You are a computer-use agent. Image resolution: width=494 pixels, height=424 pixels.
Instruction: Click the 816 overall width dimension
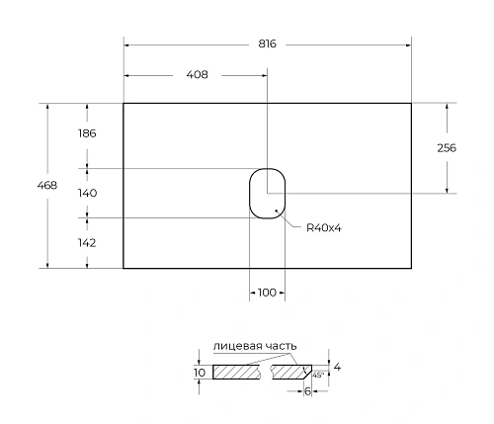pyautogui.click(x=267, y=44)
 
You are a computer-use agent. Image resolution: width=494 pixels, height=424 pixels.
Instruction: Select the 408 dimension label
pyautogui.click(x=197, y=76)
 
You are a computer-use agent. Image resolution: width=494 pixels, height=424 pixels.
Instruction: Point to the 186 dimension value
pyautogui.click(x=87, y=132)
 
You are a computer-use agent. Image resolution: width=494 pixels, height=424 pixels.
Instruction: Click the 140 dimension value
pyautogui.click(x=87, y=193)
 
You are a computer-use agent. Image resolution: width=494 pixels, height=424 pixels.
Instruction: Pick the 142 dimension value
pyautogui.click(x=87, y=240)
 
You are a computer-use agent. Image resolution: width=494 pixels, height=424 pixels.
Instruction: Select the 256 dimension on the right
pyautogui.click(x=446, y=148)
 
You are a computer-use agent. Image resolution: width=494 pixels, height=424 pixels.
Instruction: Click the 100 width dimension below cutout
pyautogui.click(x=266, y=293)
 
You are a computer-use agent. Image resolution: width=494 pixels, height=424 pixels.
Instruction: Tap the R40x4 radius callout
pyautogui.click(x=323, y=228)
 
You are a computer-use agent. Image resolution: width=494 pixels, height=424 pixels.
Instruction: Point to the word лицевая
pyautogui.click(x=233, y=346)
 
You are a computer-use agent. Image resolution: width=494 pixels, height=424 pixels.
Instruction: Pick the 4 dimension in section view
pyautogui.click(x=337, y=367)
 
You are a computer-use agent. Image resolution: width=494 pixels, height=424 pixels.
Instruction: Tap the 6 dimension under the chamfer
pyautogui.click(x=307, y=391)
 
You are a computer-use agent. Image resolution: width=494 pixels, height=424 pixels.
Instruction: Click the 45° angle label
pyautogui.click(x=317, y=376)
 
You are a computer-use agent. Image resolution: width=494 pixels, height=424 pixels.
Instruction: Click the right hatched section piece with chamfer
pyautogui.click(x=293, y=373)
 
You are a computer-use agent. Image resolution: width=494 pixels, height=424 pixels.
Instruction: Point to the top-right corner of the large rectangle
pyautogui.click(x=411, y=103)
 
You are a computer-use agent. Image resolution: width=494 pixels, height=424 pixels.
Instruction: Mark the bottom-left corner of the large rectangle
pyautogui.click(x=123, y=268)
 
